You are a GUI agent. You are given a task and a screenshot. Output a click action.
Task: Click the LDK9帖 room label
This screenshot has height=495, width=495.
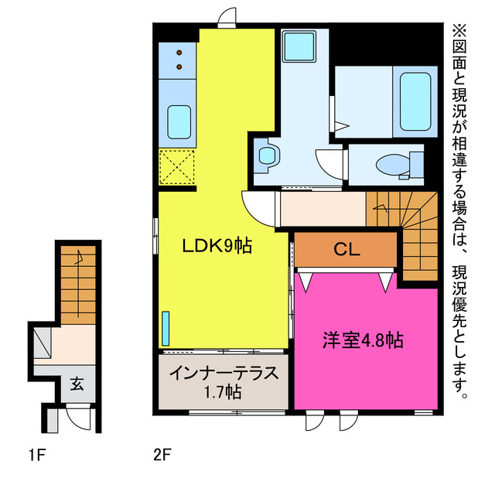click(x=217, y=247)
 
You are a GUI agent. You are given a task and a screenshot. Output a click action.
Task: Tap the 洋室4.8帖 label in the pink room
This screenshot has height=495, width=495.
click(x=362, y=340)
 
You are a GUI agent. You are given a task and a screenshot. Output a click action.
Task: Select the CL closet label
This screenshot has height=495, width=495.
click(x=346, y=249)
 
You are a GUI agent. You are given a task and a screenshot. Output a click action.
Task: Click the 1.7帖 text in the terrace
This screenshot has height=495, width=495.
click(x=223, y=392)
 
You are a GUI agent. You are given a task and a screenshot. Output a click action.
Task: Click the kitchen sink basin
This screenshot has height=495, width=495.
click(x=179, y=121)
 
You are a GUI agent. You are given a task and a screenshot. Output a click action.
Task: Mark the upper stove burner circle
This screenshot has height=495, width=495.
click(x=179, y=53)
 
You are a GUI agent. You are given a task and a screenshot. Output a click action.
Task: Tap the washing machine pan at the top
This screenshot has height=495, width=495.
click(x=295, y=47)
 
